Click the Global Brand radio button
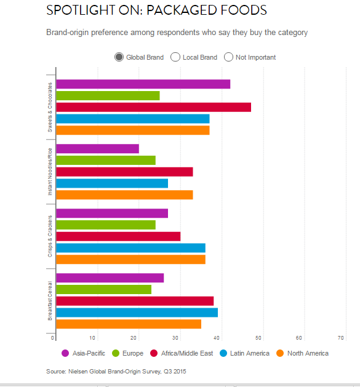pyautogui.click(x=119, y=57)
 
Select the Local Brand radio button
pyautogui.click(x=175, y=57)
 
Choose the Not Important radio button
pyautogui.click(x=229, y=57)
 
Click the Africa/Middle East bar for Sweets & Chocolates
pyautogui.click(x=153, y=107)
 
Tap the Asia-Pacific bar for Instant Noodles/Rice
pyautogui.click(x=97, y=148)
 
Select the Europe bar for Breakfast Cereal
pyautogui.click(x=103, y=289)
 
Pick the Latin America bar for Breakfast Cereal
pyautogui.click(x=137, y=313)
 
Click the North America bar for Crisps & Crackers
pyautogui.click(x=130, y=259)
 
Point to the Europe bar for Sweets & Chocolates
pyautogui.click(x=108, y=95)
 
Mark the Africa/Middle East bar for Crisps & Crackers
pyautogui.click(x=118, y=236)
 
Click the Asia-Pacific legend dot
pyautogui.click(x=65, y=353)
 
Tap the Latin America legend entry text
pyautogui.click(x=250, y=353)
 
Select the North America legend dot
pyautogui.click(x=279, y=353)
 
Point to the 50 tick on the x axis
pyautogui.click(x=258, y=338)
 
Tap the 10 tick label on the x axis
pyautogui.click(x=92, y=338)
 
